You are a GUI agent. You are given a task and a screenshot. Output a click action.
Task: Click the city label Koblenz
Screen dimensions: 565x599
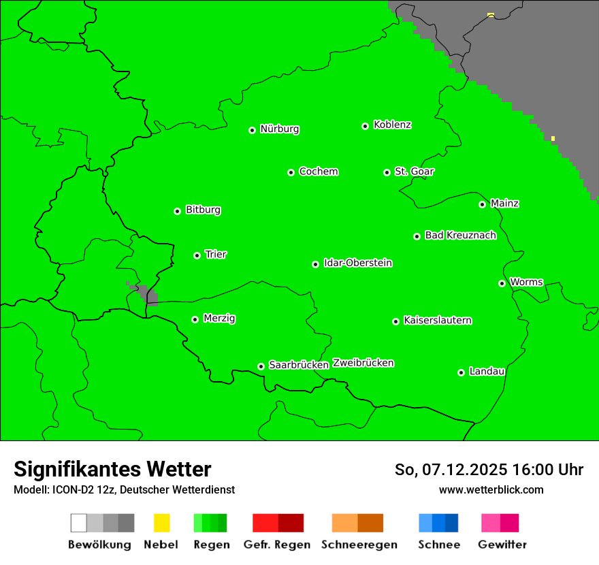(392, 125)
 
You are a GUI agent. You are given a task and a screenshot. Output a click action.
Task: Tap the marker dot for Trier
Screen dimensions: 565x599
(197, 255)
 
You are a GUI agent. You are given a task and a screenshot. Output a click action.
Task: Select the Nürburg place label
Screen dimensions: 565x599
(279, 129)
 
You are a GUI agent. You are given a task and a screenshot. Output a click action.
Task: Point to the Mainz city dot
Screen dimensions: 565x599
(482, 204)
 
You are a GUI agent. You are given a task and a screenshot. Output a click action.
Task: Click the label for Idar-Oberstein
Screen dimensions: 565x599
(358, 263)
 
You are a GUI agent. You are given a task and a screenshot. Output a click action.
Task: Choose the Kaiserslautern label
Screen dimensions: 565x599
(438, 320)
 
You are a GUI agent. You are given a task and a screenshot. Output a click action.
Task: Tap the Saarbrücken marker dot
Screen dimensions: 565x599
(261, 366)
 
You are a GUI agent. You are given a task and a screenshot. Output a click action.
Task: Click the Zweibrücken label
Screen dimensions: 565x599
(363, 363)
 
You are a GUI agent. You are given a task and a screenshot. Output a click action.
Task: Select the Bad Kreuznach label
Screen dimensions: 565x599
(460, 235)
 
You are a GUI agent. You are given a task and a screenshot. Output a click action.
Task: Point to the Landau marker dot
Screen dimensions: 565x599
(461, 372)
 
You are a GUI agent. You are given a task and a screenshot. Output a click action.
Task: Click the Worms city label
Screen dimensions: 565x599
(526, 282)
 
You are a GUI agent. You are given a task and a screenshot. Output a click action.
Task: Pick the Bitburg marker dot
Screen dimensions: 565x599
(177, 211)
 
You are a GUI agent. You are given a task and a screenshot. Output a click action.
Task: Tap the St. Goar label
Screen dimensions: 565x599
(414, 172)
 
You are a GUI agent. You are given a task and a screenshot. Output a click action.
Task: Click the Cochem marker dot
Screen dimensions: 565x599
(291, 172)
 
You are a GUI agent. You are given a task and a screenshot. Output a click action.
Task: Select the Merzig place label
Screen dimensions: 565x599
(219, 318)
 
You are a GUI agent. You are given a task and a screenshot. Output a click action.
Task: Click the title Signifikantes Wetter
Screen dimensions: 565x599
(112, 469)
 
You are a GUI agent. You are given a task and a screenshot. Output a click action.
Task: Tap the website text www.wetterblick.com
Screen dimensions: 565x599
(491, 489)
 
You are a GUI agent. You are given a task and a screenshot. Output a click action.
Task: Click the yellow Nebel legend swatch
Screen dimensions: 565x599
(161, 523)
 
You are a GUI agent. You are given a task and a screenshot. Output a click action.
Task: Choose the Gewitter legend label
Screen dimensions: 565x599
(502, 545)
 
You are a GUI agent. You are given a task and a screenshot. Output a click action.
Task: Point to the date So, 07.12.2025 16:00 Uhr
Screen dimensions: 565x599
(489, 470)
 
